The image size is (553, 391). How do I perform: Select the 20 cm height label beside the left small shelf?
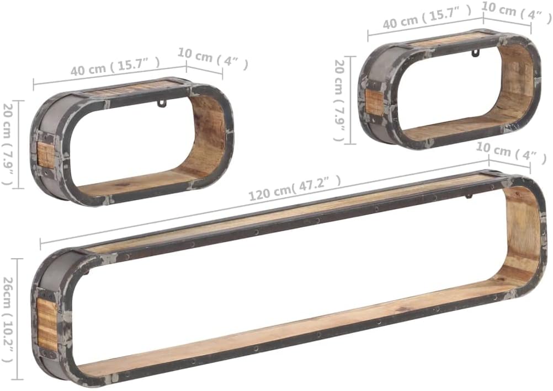(8, 143)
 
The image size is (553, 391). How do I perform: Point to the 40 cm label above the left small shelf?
(115, 66)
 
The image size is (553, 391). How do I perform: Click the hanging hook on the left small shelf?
(161, 103)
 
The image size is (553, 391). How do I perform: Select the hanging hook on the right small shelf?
(474, 53)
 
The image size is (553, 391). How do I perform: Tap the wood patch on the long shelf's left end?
(47, 325)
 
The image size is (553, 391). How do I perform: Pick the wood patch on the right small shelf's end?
(374, 103)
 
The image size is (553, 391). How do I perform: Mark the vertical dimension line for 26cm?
(18, 319)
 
